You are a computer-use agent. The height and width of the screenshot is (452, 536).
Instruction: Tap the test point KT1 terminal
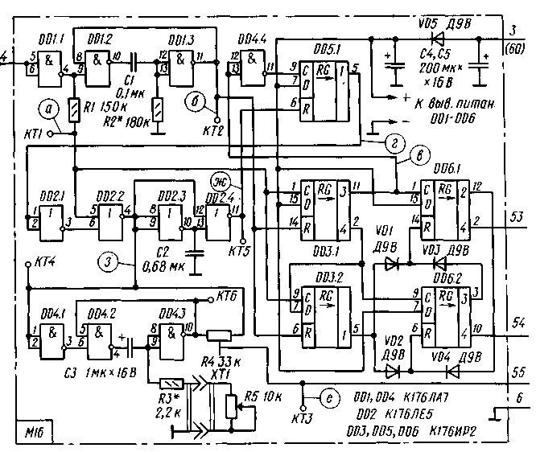(49, 136)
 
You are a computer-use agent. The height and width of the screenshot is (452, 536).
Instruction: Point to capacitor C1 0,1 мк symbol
(136, 58)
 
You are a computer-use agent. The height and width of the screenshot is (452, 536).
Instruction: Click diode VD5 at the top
(438, 37)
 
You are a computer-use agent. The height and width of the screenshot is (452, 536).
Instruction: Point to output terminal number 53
(517, 216)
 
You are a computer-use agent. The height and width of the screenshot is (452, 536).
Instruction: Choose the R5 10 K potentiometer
(233, 404)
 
